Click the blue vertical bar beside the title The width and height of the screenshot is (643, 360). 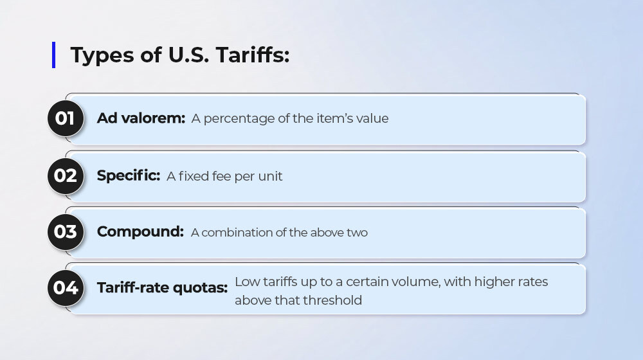[54, 55]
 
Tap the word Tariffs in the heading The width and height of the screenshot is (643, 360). [253, 55]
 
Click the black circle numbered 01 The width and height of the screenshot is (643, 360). [66, 118]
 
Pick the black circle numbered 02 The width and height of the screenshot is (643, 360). [66, 176]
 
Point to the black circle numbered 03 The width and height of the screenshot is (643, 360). [66, 232]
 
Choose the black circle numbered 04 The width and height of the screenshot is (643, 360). [66, 288]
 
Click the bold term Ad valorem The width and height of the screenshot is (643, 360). [141, 118]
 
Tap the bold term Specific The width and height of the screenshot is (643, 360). [129, 176]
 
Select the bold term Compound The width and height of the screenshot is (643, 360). [140, 232]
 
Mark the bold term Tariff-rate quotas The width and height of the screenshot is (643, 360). [163, 288]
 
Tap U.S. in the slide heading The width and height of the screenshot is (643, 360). [188, 55]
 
